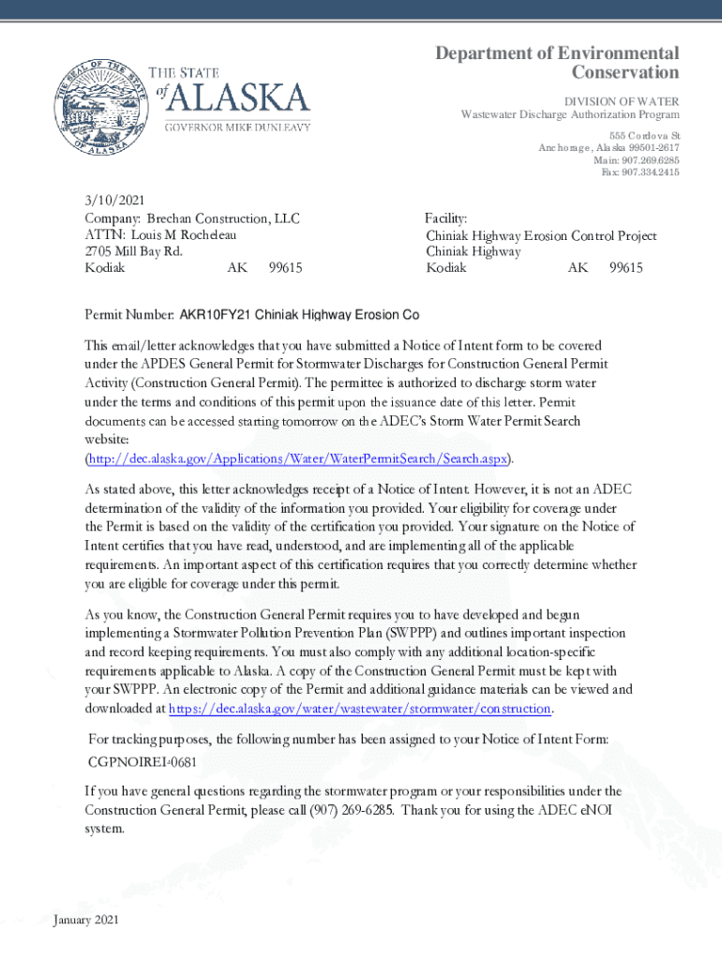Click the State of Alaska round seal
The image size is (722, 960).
[100, 105]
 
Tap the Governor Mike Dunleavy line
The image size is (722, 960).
[238, 127]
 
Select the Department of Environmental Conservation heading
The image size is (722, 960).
[557, 63]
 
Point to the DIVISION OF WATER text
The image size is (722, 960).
[621, 101]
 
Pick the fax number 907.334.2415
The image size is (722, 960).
[650, 172]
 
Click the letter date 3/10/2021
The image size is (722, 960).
[112, 202]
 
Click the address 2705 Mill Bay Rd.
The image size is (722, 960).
[133, 251]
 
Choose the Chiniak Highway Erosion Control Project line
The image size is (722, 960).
[541, 235]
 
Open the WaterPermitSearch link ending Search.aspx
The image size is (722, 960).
[298, 458]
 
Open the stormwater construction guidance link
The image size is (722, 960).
[359, 709]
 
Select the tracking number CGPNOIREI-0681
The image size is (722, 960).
[143, 760]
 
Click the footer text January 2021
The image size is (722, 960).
[86, 921]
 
